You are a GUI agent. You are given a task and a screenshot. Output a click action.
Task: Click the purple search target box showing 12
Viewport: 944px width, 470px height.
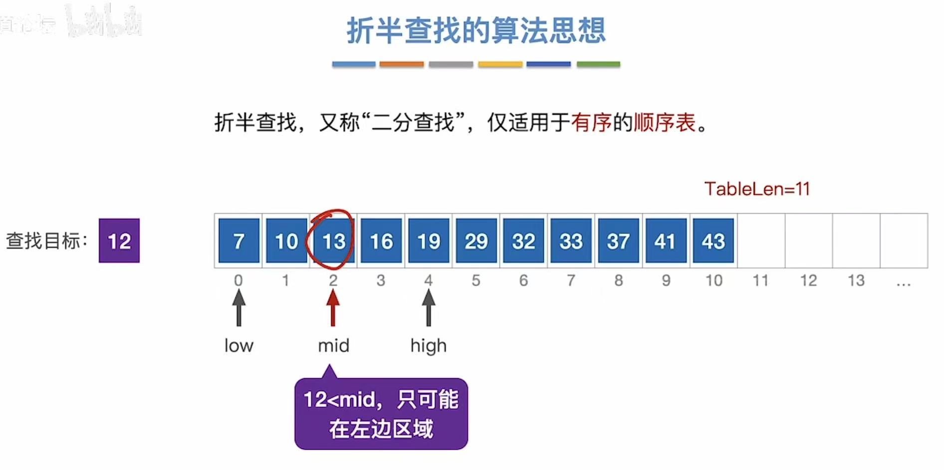119,240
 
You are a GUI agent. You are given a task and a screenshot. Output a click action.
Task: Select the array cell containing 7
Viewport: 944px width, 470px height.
238,240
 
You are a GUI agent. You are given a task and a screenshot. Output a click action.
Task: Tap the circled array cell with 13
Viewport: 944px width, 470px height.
333,240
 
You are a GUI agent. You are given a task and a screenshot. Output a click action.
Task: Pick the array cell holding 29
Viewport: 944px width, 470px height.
476,240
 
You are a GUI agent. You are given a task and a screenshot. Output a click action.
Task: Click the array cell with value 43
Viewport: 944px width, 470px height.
713,240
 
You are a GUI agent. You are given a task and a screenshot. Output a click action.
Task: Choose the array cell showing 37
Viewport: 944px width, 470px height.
618,240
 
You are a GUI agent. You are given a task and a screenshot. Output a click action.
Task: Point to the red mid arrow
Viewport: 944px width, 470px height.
333,307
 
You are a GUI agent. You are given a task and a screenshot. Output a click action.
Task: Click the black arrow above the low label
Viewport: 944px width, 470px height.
238,307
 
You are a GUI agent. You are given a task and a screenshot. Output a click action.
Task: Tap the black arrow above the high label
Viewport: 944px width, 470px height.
428,307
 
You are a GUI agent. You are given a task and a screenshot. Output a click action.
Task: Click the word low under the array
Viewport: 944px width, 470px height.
238,345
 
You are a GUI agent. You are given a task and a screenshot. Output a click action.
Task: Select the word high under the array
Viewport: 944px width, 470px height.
428,345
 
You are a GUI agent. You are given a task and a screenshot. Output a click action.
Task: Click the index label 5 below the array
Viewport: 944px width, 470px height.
476,280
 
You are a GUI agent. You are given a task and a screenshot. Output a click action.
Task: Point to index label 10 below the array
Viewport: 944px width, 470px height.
713,280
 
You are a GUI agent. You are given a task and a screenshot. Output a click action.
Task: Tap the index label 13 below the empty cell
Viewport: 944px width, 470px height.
856,280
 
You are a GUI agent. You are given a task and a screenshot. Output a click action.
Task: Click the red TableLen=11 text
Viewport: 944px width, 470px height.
757,189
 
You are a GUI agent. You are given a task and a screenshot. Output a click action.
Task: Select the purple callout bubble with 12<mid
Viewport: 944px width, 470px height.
381,414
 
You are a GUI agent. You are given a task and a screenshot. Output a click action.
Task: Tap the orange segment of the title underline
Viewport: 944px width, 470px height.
401,64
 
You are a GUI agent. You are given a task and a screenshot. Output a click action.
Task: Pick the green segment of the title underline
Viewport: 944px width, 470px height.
598,64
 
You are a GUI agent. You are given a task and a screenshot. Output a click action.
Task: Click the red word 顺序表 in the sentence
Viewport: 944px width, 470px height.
665,122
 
